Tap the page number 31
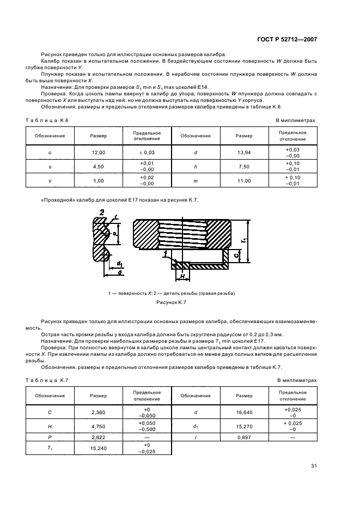314,465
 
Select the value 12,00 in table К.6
99,153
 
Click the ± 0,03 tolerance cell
147,153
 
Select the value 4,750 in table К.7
99,424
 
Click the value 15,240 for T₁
99,448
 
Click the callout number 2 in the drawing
102,212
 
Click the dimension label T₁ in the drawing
245,239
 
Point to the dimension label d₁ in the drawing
119,265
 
